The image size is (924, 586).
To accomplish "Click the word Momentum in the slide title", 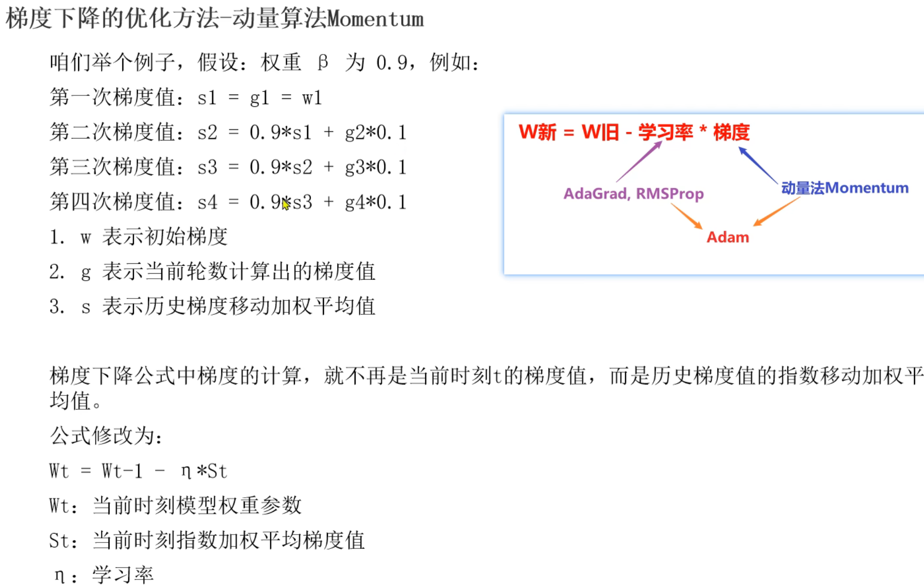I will tap(375, 19).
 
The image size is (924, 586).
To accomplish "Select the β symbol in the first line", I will tap(323, 62).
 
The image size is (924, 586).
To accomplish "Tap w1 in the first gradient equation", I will tap(312, 98).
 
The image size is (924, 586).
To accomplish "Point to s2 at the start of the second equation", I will tap(207, 133).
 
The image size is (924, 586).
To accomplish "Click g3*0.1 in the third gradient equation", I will tap(375, 167).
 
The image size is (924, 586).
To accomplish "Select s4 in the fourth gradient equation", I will tap(207, 202).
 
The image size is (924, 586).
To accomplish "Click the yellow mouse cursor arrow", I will tap(286, 203).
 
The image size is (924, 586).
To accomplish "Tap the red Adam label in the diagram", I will tap(727, 237).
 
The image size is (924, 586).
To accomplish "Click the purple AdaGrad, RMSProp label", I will tap(633, 194).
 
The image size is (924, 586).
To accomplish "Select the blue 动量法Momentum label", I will tap(845, 188).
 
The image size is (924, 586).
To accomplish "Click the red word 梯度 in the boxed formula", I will tap(731, 132).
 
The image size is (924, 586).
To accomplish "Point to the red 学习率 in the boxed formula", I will tap(665, 132).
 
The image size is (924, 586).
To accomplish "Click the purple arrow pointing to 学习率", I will tap(639, 162).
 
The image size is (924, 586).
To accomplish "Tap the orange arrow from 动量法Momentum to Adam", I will tap(776, 212).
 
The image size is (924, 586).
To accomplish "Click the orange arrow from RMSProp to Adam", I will tap(686, 216).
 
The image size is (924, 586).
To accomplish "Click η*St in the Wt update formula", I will tap(204, 471).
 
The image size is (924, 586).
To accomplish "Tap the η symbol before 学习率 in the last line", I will tap(59, 575).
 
